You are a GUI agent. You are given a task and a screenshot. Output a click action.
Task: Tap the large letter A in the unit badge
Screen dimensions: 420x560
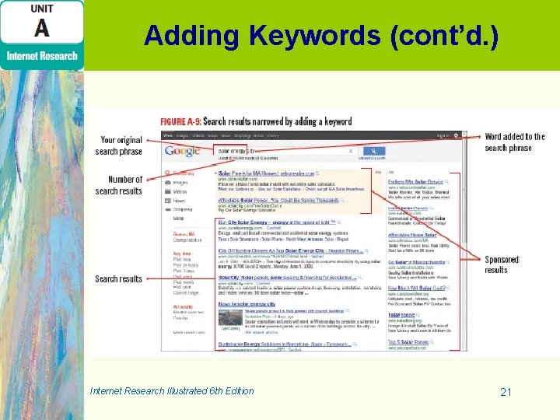click(41, 29)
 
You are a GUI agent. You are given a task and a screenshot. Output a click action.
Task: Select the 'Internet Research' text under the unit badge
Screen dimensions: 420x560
click(42, 55)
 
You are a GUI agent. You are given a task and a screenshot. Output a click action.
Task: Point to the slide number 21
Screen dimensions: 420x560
click(506, 392)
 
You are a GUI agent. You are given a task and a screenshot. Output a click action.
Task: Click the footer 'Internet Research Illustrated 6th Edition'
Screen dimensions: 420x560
click(172, 390)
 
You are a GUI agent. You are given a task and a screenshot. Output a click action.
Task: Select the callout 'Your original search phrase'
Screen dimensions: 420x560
click(121, 145)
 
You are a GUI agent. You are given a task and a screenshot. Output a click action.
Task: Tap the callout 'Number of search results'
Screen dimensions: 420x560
click(119, 185)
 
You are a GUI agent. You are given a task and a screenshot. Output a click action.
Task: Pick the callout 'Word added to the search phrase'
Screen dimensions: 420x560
click(514, 142)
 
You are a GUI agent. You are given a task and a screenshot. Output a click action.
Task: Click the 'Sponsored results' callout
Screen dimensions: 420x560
click(501, 264)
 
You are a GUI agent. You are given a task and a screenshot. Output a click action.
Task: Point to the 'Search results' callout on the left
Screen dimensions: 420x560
click(118, 278)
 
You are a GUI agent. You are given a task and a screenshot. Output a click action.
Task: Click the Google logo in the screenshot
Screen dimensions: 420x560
click(183, 151)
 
